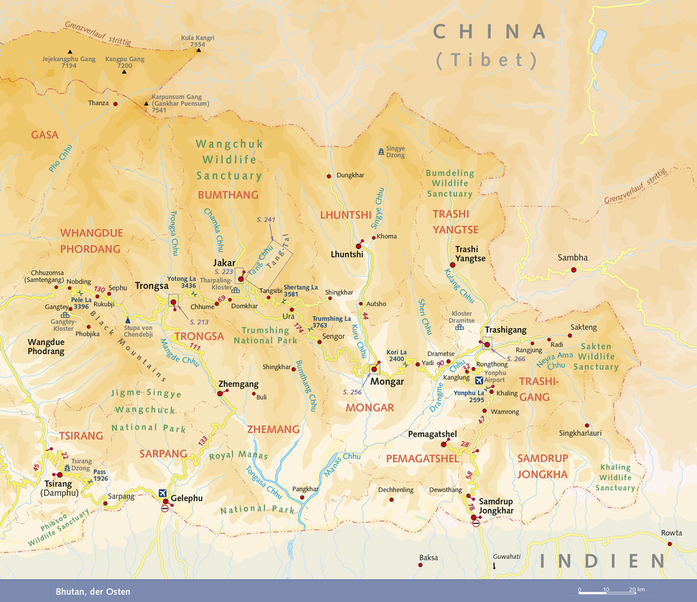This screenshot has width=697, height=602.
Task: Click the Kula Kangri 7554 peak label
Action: [x=197, y=41]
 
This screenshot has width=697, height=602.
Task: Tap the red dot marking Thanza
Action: [x=115, y=104]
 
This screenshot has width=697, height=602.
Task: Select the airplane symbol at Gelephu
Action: [x=163, y=493]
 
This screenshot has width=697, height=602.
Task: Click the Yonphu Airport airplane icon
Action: [x=478, y=381]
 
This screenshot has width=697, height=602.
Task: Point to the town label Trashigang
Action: [x=506, y=330]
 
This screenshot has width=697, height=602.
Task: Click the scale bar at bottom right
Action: [x=612, y=590]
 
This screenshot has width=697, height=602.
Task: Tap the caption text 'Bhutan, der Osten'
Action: [x=93, y=591]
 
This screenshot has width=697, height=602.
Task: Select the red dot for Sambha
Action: [x=573, y=270]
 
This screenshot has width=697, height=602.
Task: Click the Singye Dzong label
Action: [x=396, y=152]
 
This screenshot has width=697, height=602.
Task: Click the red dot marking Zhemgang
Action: [x=219, y=393]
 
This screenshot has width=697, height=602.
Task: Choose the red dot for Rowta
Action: [x=670, y=544]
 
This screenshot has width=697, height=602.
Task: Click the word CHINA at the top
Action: [x=491, y=31]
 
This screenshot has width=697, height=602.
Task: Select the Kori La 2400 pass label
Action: [x=397, y=355]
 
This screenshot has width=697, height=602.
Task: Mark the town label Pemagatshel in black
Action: [x=432, y=434]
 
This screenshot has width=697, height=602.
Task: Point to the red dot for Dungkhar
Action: [x=329, y=176]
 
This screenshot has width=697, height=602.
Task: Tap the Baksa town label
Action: [x=428, y=558]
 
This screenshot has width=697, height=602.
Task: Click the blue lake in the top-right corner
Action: [x=599, y=41]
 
